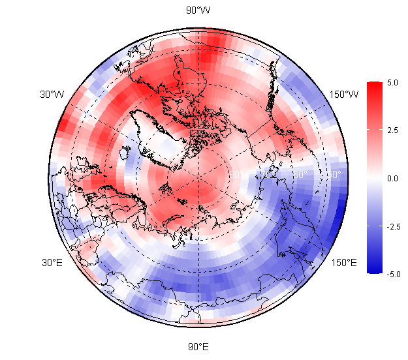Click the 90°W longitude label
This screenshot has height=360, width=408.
tap(198, 10)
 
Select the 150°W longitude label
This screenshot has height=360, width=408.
tap(344, 95)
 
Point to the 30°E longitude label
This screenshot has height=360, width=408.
tap(52, 263)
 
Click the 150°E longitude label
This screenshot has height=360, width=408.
tap(343, 263)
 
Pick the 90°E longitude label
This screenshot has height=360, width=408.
tap(198, 346)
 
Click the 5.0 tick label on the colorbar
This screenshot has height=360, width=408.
tap(392, 83)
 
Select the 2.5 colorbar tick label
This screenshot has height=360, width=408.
tap(392, 130)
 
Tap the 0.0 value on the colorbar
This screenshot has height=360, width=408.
tap(392, 178)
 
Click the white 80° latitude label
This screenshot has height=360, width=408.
tap(236, 175)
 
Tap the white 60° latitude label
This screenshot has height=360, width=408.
tap(300, 175)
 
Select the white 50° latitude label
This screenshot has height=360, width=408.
tap(334, 175)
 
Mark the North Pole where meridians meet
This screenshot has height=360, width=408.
tap(198, 178)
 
